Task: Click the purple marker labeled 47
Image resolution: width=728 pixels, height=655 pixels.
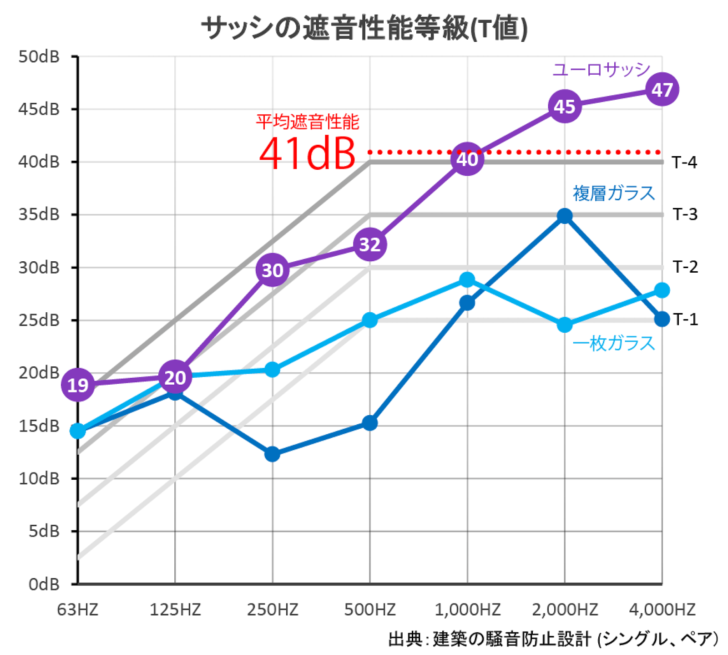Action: click(x=662, y=89)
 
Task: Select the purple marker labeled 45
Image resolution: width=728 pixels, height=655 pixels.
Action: click(x=564, y=107)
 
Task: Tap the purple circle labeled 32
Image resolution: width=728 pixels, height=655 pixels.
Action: click(x=370, y=245)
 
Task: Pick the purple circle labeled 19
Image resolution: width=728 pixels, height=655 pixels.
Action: click(x=78, y=385)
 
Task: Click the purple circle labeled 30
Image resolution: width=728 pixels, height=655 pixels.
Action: click(x=272, y=270)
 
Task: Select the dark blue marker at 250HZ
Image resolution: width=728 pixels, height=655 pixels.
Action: click(x=272, y=454)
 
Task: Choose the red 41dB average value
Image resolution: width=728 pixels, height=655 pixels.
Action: click(x=307, y=154)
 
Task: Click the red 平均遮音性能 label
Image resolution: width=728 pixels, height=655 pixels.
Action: click(x=307, y=122)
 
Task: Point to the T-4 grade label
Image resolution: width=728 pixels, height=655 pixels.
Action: click(x=684, y=162)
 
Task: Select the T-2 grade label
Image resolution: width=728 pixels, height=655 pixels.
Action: click(x=685, y=267)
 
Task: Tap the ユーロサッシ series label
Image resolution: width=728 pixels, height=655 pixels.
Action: click(x=601, y=70)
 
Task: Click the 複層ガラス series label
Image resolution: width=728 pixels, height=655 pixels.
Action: click(x=613, y=193)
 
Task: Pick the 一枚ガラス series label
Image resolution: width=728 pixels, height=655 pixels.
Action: click(x=613, y=343)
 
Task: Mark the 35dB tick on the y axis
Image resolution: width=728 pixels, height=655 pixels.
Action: click(x=39, y=214)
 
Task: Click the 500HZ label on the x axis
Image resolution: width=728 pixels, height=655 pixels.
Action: click(x=369, y=609)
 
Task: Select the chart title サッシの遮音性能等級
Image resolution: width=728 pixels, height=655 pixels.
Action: click(x=364, y=28)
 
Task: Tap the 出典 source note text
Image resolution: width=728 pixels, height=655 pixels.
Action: click(x=553, y=639)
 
